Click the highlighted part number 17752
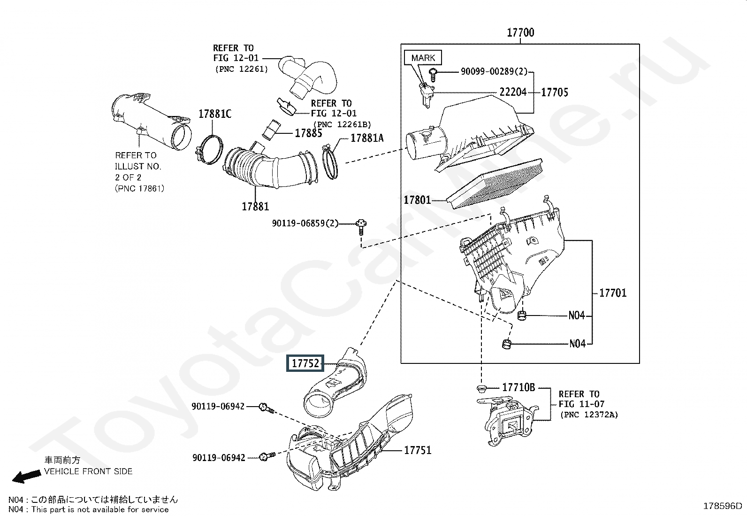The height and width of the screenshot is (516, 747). (305, 363)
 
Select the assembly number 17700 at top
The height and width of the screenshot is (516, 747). (520, 32)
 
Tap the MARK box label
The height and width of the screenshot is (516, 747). (423, 58)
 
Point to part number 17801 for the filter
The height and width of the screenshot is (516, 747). (417, 200)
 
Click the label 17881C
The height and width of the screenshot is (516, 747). (215, 114)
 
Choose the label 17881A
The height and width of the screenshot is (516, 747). (367, 138)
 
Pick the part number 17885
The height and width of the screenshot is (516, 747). (308, 133)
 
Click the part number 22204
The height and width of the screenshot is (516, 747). (513, 92)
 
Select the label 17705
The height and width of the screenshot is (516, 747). (555, 92)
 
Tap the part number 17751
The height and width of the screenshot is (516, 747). (418, 450)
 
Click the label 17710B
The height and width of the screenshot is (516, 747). (518, 387)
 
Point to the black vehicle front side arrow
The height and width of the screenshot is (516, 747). (26, 476)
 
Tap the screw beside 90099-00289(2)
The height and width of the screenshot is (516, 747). (433, 75)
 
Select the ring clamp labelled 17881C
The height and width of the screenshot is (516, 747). (209, 149)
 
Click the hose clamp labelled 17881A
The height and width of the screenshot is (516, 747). (330, 162)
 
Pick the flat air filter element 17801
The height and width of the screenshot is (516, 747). (494, 184)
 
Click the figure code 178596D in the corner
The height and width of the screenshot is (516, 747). (723, 506)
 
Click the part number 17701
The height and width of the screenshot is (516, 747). (613, 293)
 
